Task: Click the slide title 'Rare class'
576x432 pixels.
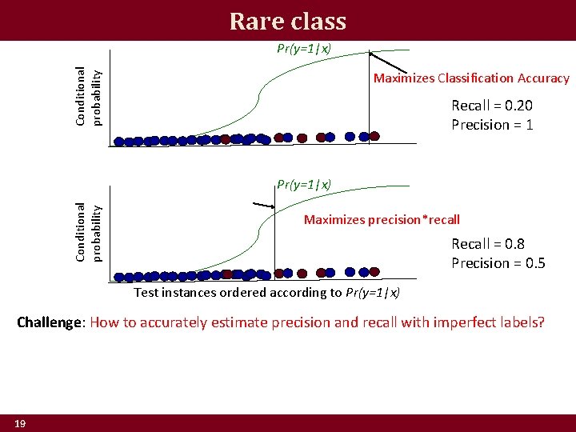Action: click(287, 21)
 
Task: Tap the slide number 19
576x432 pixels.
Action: click(19, 423)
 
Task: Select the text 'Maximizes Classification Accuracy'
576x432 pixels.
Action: click(471, 78)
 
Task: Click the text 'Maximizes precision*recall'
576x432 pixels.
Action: click(382, 220)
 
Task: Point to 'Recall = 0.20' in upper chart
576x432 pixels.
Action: click(492, 106)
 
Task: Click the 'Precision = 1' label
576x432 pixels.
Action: click(492, 125)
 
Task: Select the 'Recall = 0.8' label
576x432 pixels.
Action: click(488, 244)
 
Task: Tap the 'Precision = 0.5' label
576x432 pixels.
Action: click(498, 263)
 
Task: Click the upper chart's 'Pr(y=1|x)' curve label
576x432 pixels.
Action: click(304, 48)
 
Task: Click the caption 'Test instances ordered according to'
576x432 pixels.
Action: click(238, 292)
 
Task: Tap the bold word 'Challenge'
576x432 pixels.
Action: click(50, 323)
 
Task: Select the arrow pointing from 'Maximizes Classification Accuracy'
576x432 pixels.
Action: click(387, 63)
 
